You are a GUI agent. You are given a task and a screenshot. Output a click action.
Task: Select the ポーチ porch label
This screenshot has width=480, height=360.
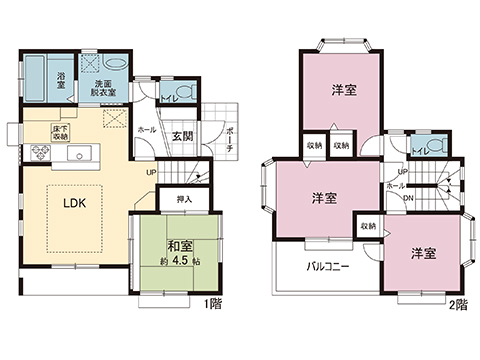click(x=229, y=141)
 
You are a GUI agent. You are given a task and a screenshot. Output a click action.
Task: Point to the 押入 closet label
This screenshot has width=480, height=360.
click(x=184, y=200)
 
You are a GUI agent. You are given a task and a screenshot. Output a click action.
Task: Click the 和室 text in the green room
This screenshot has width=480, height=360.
click(x=179, y=246)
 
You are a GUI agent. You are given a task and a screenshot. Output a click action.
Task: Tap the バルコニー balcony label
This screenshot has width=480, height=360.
click(x=320, y=267)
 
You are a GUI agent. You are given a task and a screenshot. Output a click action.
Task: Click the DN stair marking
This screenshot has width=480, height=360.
click(x=409, y=198)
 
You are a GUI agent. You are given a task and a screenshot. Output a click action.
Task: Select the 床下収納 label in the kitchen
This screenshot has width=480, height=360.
click(x=61, y=132)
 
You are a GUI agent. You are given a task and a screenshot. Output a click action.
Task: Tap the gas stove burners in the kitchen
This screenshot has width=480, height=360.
click(x=41, y=153)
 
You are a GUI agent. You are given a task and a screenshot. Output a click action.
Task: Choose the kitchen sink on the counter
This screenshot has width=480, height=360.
click(x=80, y=153)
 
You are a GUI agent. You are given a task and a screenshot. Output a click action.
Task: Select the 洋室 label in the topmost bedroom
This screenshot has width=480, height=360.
click(x=345, y=90)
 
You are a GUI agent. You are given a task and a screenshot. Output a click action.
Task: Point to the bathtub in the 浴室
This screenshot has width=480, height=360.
click(x=36, y=78)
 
